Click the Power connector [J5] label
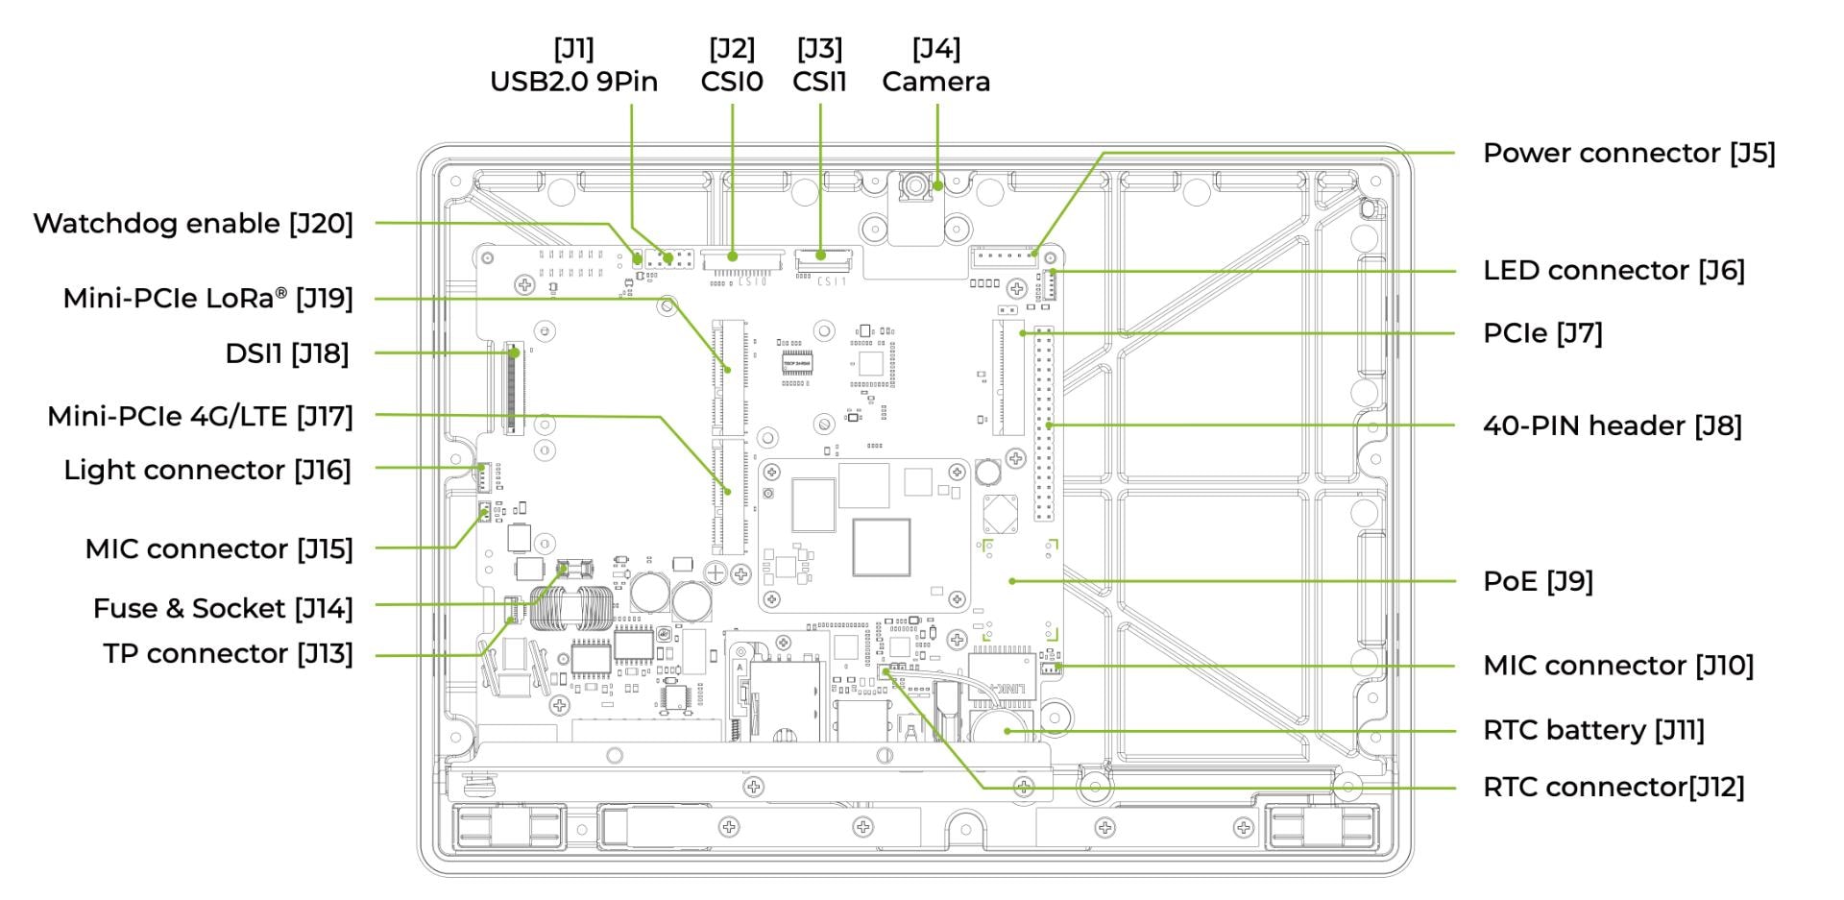click(1628, 153)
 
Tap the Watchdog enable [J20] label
click(193, 223)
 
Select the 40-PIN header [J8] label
click(1612, 426)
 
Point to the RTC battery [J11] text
click(1593, 730)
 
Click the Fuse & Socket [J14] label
click(223, 608)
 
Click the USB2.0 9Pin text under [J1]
click(573, 82)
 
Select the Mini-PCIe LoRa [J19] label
click(207, 299)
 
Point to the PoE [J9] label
click(1538, 581)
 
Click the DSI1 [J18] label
click(286, 353)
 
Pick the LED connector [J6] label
click(1613, 270)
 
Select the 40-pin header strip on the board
click(1043, 425)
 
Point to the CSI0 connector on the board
click(732, 257)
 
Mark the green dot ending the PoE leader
click(1012, 581)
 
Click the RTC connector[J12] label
click(1613, 787)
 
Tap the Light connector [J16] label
click(207, 470)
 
